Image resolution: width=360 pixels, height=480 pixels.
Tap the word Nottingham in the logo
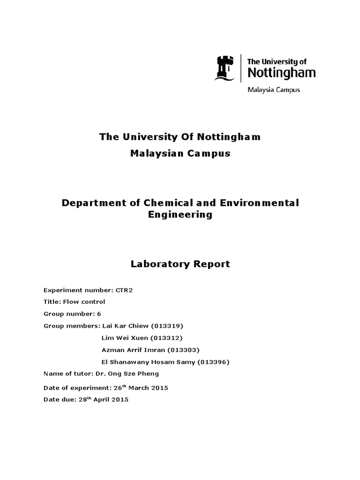tap(281, 73)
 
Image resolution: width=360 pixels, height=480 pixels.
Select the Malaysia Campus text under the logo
tap(273, 90)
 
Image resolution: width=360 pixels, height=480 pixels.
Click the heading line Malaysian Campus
tap(180, 154)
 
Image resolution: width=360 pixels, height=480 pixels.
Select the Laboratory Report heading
tap(180, 264)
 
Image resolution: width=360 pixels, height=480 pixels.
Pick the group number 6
tap(99, 314)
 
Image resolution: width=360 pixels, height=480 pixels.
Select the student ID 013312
tap(168, 338)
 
